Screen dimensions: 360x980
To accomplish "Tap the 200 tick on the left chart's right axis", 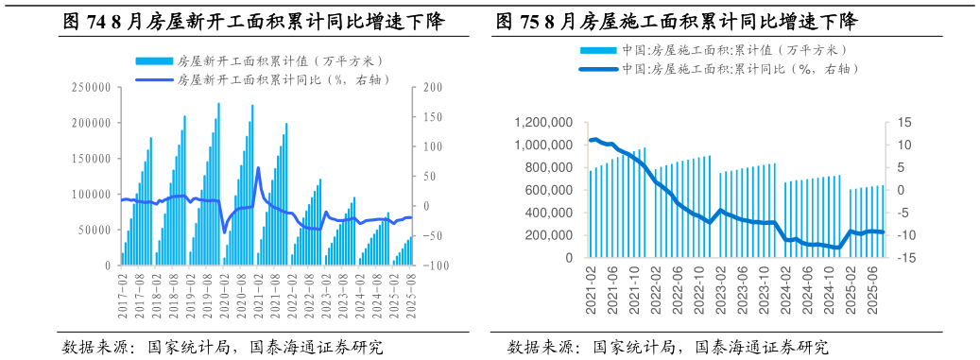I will click(432, 87).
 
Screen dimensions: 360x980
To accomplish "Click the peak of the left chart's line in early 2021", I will click(258, 168).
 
